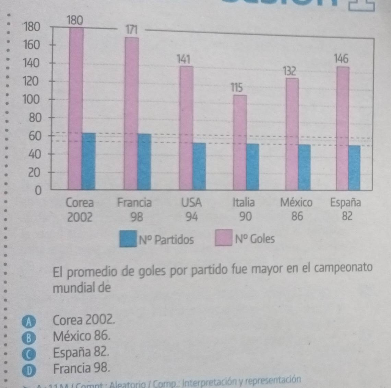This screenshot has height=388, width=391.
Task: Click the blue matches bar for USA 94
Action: click(x=199, y=166)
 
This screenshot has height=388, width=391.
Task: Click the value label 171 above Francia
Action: click(x=131, y=30)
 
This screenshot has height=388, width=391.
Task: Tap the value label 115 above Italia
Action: click(x=236, y=88)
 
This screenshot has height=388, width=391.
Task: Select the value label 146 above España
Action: click(x=341, y=59)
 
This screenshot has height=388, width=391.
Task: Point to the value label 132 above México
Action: click(x=289, y=71)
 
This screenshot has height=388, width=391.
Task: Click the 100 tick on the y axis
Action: click(x=31, y=100)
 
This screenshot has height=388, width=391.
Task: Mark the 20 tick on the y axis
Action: click(x=34, y=172)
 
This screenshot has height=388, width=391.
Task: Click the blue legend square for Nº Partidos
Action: click(x=127, y=239)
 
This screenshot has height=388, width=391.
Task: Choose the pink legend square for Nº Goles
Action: click(x=224, y=239)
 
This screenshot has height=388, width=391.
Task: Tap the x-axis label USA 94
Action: click(x=191, y=209)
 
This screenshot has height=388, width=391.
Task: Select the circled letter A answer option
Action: click(x=29, y=322)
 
